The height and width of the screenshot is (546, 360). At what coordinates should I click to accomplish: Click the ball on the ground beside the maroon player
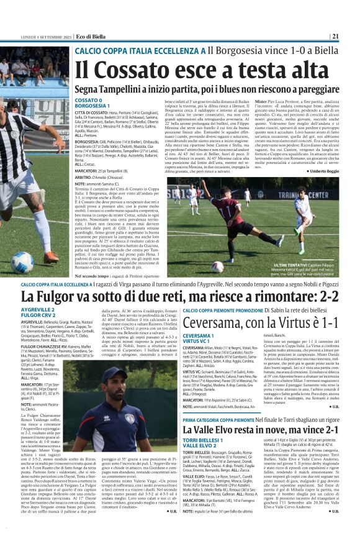(x=235, y=266)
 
